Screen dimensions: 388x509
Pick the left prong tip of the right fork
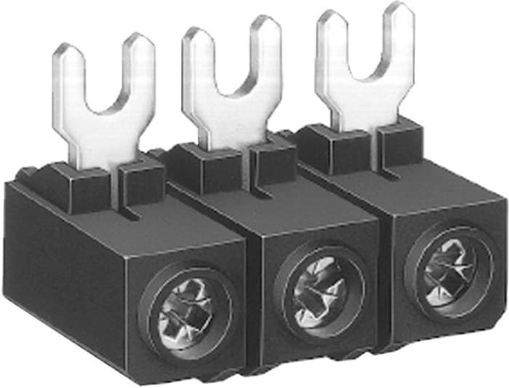[332, 16]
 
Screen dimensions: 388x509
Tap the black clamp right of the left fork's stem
[141, 178]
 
